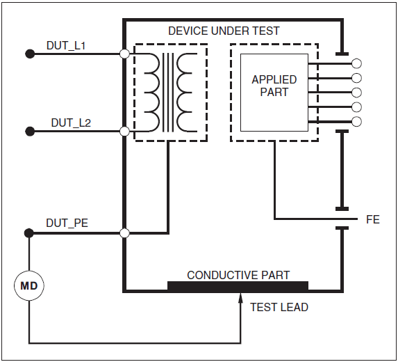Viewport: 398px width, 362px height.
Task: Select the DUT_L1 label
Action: point(66,46)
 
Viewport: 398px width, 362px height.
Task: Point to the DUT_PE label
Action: point(67,223)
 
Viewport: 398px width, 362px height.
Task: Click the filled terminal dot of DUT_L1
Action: point(29,54)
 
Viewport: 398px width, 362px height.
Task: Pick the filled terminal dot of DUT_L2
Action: point(29,131)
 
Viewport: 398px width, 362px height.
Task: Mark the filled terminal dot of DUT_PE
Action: point(29,233)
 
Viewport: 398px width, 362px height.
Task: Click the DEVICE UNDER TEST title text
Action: point(224,31)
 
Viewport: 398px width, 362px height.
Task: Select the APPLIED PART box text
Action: point(274,86)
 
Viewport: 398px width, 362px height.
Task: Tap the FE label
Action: point(373,220)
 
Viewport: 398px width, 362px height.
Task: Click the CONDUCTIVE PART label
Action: point(238,275)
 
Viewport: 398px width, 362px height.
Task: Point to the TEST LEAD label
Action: point(279,307)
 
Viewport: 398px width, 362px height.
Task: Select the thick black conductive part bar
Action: point(238,285)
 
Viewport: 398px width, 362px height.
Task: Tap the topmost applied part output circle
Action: point(357,63)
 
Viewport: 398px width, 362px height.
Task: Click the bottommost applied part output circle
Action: point(357,122)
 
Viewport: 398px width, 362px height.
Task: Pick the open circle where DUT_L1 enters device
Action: point(124,54)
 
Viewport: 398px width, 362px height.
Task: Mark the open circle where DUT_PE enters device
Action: point(124,233)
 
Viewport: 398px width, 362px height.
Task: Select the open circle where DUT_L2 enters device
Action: point(124,131)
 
